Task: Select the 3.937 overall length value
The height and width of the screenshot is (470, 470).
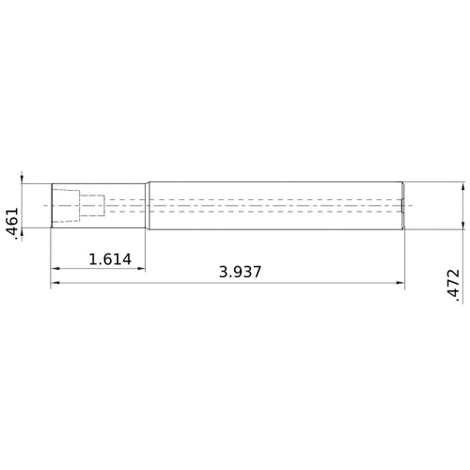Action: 240,272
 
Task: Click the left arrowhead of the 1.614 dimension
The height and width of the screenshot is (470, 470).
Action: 55,269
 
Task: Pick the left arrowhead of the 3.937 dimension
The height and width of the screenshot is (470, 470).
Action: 55,283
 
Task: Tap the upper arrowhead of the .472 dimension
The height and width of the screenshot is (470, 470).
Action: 463,188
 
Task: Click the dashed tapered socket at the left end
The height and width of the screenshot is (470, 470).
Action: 65,205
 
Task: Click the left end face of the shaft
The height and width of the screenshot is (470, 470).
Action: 51,205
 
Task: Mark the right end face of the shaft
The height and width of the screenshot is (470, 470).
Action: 404,205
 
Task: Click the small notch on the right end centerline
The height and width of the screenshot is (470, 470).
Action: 402,205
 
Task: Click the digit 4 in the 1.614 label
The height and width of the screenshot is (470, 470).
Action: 123,258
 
